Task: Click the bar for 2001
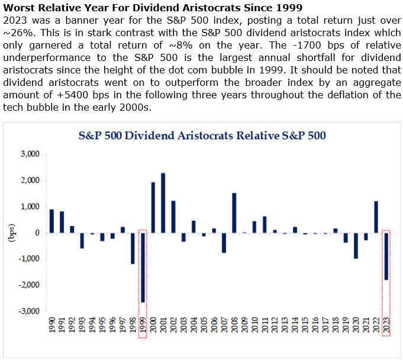coord(163,202)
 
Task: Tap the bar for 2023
coord(386,256)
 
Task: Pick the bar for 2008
coord(234,213)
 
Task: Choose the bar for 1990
coord(51,221)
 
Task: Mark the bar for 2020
coord(356,245)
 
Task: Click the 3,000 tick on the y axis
coord(30,154)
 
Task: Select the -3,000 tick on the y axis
coord(28,311)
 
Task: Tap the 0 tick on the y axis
coord(37,233)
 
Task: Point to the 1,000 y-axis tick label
coord(30,207)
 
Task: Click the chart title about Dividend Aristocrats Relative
coord(202,135)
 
